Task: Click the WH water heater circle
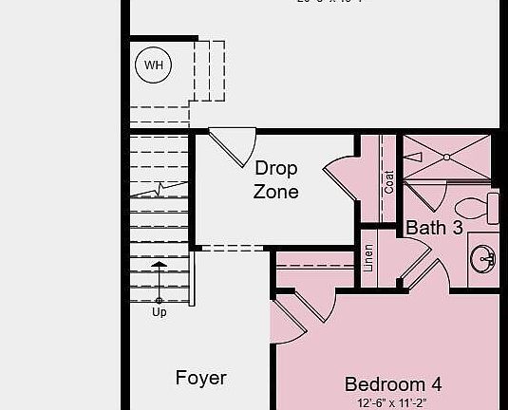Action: [153, 65]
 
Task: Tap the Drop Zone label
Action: [275, 179]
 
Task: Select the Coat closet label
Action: [389, 181]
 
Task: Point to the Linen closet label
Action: [368, 258]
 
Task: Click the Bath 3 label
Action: [434, 228]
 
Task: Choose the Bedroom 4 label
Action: [392, 384]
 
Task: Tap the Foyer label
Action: [201, 378]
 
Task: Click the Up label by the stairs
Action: [159, 311]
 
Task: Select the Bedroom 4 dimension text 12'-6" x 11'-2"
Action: [393, 402]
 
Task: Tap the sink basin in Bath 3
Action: [484, 257]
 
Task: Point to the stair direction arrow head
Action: [159, 265]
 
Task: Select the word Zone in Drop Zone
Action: [275, 192]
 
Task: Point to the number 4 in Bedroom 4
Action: [435, 384]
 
